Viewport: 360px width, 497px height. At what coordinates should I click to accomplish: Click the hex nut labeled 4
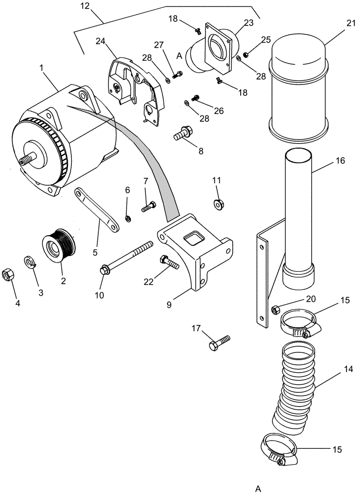click(x=9, y=274)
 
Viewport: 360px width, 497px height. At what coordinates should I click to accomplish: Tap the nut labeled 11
click(x=218, y=203)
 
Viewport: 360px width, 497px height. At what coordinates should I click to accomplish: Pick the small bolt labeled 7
click(x=149, y=206)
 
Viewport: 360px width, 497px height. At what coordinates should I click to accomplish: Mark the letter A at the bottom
click(x=258, y=488)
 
